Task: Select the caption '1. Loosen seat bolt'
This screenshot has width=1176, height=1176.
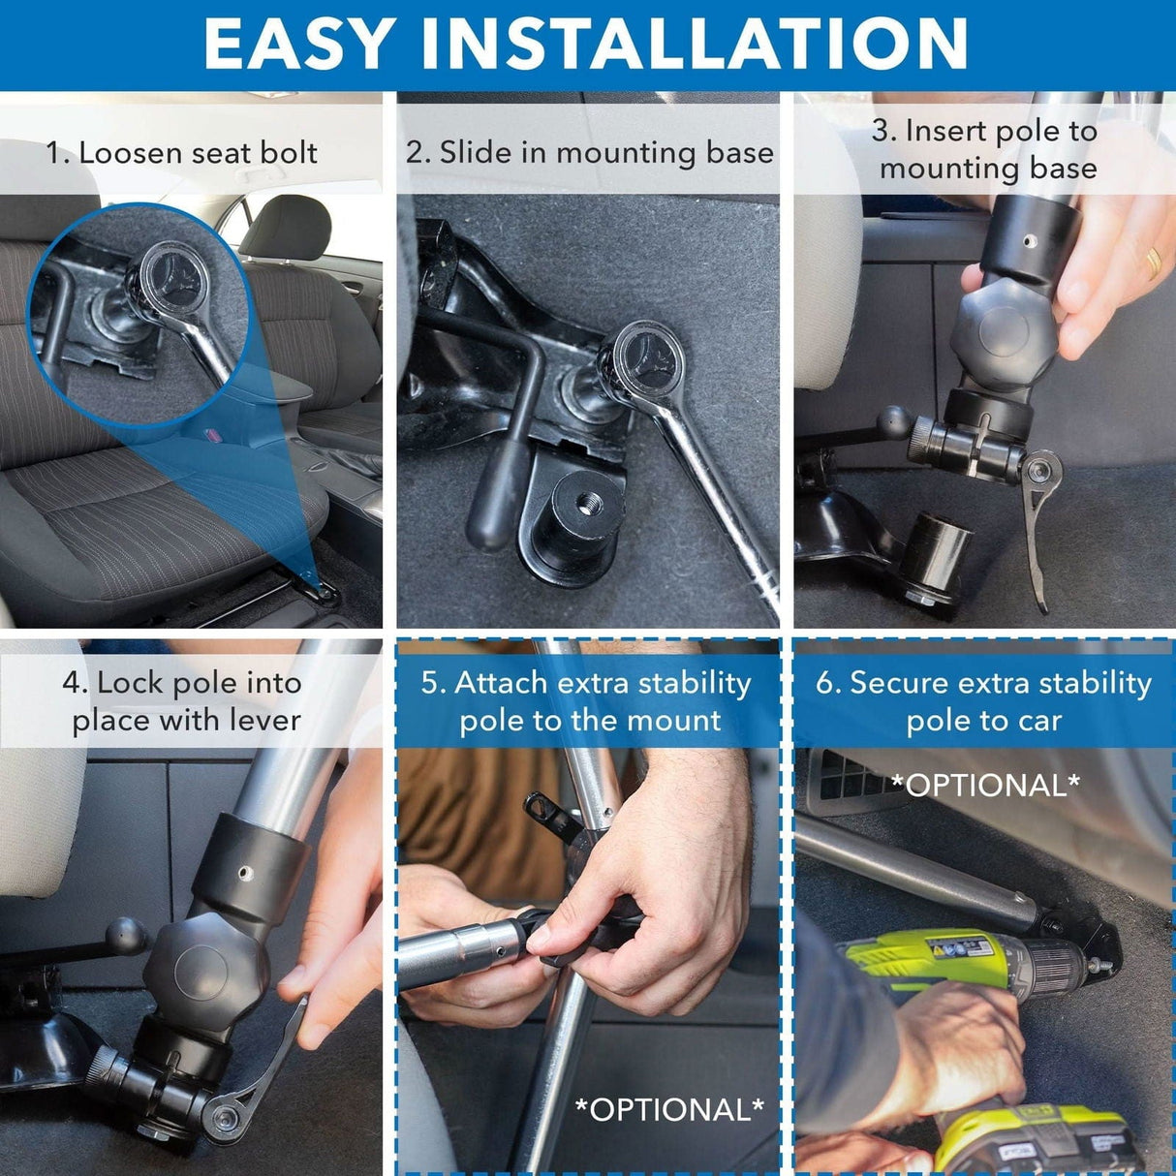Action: click(x=182, y=152)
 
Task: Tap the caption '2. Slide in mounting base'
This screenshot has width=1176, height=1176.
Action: click(x=589, y=152)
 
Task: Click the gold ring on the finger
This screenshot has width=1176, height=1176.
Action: click(x=1153, y=262)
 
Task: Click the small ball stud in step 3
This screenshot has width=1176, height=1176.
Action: click(x=892, y=421)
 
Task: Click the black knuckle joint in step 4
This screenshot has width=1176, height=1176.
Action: click(x=203, y=969)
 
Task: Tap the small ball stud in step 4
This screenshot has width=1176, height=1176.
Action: click(x=127, y=936)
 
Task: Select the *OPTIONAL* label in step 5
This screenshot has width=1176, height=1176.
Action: click(x=669, y=1108)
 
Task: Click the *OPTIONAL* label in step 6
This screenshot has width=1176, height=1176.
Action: click(x=984, y=785)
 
